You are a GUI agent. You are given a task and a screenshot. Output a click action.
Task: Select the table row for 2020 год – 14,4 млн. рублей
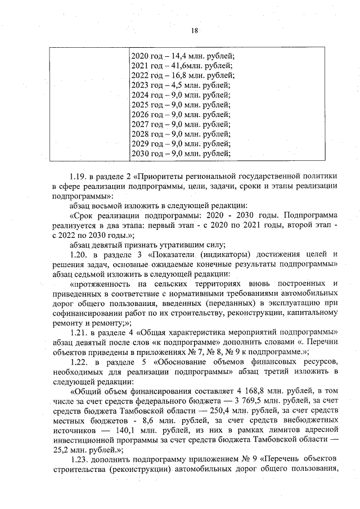click(182, 55)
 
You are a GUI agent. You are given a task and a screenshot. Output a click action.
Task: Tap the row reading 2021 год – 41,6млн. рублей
click(181, 65)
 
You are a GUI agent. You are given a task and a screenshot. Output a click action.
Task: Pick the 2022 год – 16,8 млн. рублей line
click(182, 75)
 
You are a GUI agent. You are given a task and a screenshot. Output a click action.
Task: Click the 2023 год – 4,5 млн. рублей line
click(180, 85)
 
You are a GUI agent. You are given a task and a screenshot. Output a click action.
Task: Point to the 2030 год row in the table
click(181, 154)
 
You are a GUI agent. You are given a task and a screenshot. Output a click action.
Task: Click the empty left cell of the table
click(89, 105)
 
